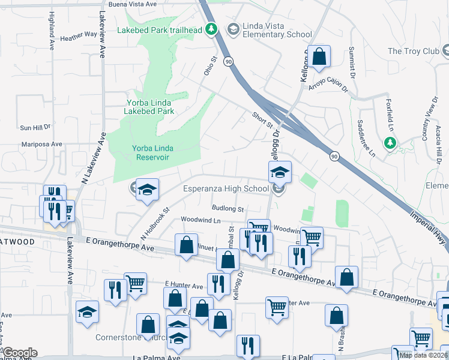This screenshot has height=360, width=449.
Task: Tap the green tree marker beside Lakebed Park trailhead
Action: click(211, 28)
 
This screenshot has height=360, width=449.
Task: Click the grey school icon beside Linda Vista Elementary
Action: click(233, 28)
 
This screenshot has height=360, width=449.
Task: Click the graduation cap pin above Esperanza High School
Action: click(279, 173)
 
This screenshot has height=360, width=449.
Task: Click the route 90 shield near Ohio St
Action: click(228, 61)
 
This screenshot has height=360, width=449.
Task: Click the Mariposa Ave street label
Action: click(41, 145)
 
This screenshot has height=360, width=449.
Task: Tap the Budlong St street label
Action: click(228, 209)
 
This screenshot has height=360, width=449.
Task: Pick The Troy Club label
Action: click(414, 51)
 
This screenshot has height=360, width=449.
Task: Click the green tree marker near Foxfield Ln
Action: click(390, 143)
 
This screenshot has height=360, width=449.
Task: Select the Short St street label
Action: click(262, 119)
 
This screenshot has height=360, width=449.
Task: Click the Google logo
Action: click(19, 353)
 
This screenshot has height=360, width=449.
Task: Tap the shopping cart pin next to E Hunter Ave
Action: click(135, 283)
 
